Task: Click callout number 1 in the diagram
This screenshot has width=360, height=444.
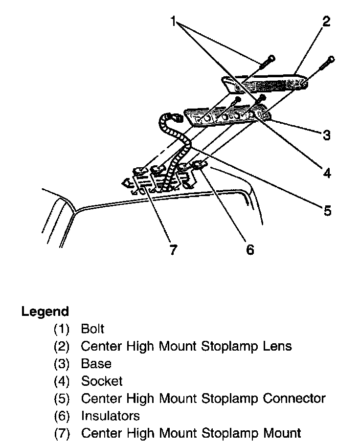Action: tap(173, 21)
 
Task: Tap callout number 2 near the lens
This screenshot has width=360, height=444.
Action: tap(326, 22)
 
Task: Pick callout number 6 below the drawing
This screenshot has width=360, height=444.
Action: tap(250, 249)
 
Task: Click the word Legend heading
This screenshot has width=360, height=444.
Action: tap(45, 311)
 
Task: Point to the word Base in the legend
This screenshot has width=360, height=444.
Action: tap(96, 363)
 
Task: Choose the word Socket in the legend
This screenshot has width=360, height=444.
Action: tap(102, 381)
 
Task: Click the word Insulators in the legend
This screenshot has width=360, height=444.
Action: tap(111, 416)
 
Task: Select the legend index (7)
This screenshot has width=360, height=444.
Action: tap(62, 433)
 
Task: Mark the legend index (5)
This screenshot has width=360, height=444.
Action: tap(62, 398)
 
